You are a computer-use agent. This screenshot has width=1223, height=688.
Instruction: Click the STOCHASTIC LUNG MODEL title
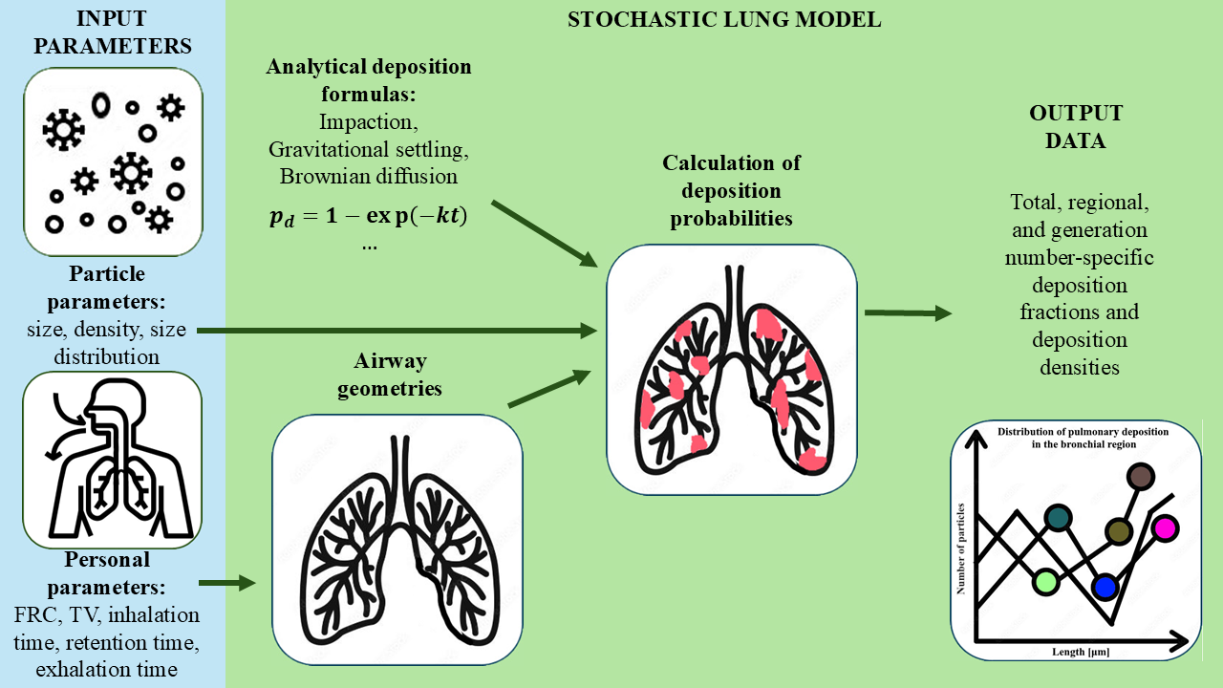click(723, 20)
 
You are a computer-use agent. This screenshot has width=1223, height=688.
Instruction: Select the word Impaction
click(369, 122)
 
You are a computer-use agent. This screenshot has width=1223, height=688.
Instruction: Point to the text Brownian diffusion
click(369, 177)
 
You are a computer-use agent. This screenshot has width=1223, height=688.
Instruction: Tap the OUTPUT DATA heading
click(1075, 127)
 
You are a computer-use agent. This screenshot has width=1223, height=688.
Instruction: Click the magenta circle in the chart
click(1165, 527)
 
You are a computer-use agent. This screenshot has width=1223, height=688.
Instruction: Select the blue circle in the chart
click(1105, 586)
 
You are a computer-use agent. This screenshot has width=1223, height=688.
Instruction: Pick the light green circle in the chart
click(1046, 581)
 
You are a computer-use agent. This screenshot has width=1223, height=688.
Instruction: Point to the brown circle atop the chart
click(1140, 475)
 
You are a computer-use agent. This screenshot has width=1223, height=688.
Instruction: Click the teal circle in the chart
click(1057, 517)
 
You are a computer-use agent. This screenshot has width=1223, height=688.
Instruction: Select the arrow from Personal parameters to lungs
click(227, 581)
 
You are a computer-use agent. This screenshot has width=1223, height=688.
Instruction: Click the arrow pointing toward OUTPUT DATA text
click(908, 312)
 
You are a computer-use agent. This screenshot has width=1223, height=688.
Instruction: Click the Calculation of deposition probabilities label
click(731, 190)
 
